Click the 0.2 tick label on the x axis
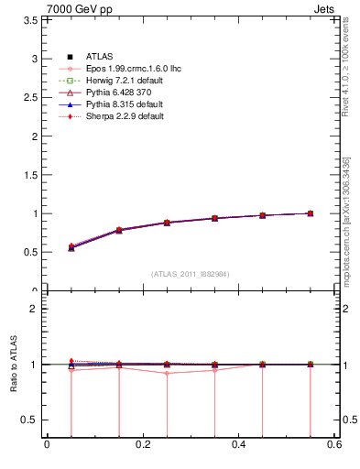(142, 445)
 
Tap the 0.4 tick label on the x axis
(238, 445)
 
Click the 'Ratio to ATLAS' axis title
(12, 366)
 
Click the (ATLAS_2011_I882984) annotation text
(191, 274)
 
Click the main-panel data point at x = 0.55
(311, 213)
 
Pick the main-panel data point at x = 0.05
(71, 247)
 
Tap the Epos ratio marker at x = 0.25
(167, 373)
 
